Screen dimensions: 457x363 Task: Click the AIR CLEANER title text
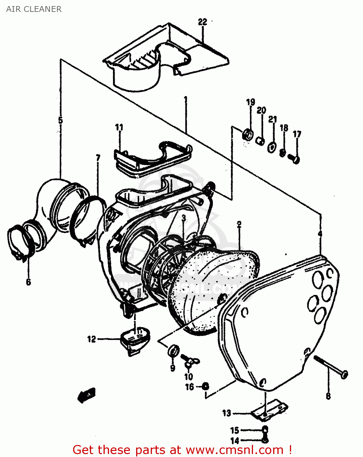(34, 9)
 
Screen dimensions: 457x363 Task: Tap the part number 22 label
(203, 22)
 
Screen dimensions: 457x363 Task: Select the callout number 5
(60, 120)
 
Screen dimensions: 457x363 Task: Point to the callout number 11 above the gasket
(119, 127)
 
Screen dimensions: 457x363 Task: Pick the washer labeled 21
(272, 147)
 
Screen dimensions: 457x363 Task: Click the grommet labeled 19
(248, 134)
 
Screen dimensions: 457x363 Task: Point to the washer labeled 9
(173, 351)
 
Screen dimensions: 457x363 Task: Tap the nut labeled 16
(206, 386)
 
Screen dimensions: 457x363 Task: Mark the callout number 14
(234, 441)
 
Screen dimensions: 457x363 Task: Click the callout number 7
(98, 158)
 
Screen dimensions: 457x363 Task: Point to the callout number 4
(320, 234)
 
